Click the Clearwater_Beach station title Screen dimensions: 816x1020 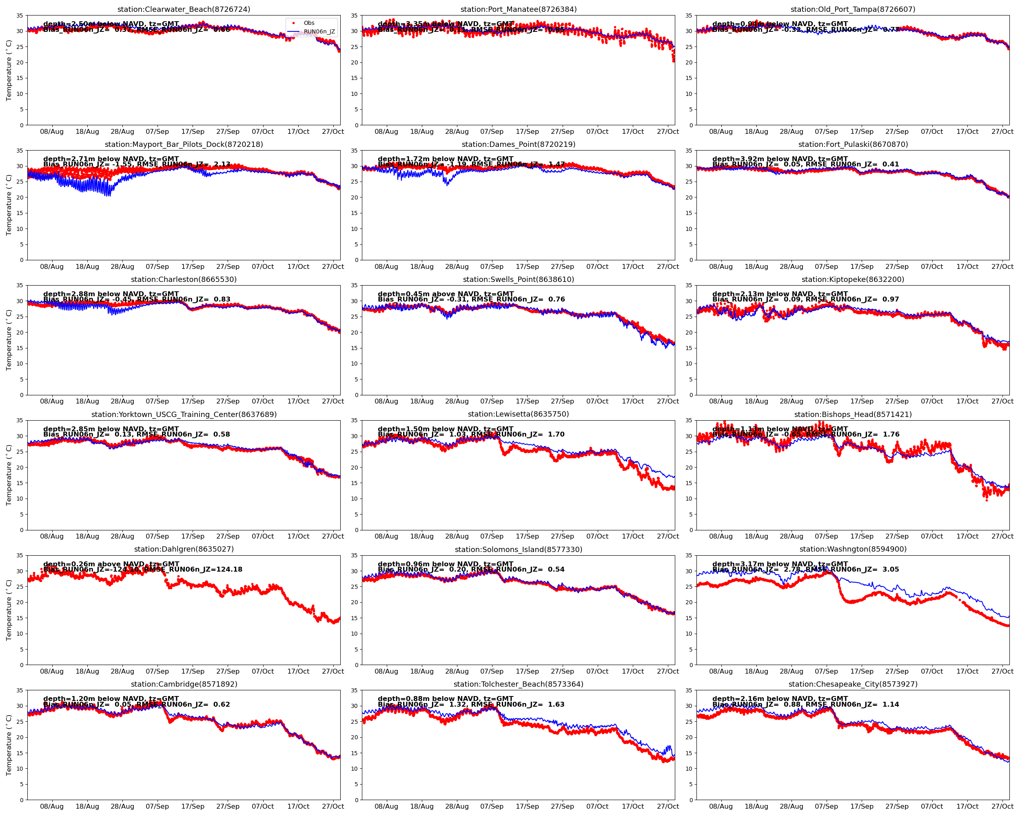pyautogui.click(x=184, y=9)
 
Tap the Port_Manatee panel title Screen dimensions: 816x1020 pyautogui.click(x=519, y=9)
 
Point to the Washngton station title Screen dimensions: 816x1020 pyautogui.click(x=853, y=549)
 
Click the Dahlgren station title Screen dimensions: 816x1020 pyautogui.click(x=184, y=549)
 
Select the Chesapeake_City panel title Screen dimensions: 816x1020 pyautogui.click(x=853, y=684)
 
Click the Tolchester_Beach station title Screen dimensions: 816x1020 pyautogui.click(x=519, y=684)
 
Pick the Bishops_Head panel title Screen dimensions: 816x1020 pyautogui.click(x=853, y=415)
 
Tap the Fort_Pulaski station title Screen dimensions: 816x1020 pyautogui.click(x=853, y=144)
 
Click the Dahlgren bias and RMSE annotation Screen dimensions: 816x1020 pyautogui.click(x=142, y=570)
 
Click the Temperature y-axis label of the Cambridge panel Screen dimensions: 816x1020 pyautogui.click(x=9, y=745)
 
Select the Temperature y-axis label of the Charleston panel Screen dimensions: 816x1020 pyautogui.click(x=9, y=340)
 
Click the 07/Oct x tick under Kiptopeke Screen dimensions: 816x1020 pyautogui.click(x=931, y=401)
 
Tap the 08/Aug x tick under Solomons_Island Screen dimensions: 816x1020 pyautogui.click(x=386, y=671)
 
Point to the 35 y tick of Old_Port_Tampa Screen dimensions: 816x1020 pyautogui.click(x=689, y=16)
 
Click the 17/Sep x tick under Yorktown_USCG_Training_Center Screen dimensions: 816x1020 pyautogui.click(x=193, y=537)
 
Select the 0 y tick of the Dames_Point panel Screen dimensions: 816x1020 pyautogui.click(x=356, y=260)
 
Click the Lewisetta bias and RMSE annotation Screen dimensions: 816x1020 pyautogui.click(x=471, y=434)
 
